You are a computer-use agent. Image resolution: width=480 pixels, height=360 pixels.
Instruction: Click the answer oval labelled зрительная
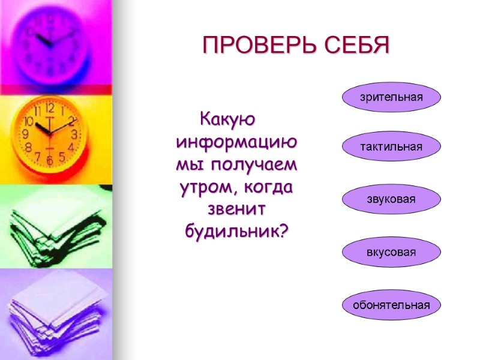tap(391, 97)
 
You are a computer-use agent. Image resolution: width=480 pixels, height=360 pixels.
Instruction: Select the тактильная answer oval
tap(391, 147)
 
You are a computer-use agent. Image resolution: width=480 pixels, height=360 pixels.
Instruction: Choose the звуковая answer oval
tap(391, 199)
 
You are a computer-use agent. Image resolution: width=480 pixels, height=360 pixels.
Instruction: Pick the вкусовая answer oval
tap(391, 252)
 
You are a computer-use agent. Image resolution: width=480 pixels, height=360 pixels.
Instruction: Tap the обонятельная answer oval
tap(391, 305)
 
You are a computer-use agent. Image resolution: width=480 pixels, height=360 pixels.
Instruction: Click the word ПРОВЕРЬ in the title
tap(254, 46)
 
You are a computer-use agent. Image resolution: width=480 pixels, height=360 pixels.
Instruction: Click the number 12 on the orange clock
tap(49, 109)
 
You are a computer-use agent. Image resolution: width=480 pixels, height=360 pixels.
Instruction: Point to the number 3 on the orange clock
tap(74, 134)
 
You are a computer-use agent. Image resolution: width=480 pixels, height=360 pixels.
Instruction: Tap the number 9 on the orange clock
tap(25, 134)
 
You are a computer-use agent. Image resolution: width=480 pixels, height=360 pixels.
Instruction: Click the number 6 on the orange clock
tap(50, 160)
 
